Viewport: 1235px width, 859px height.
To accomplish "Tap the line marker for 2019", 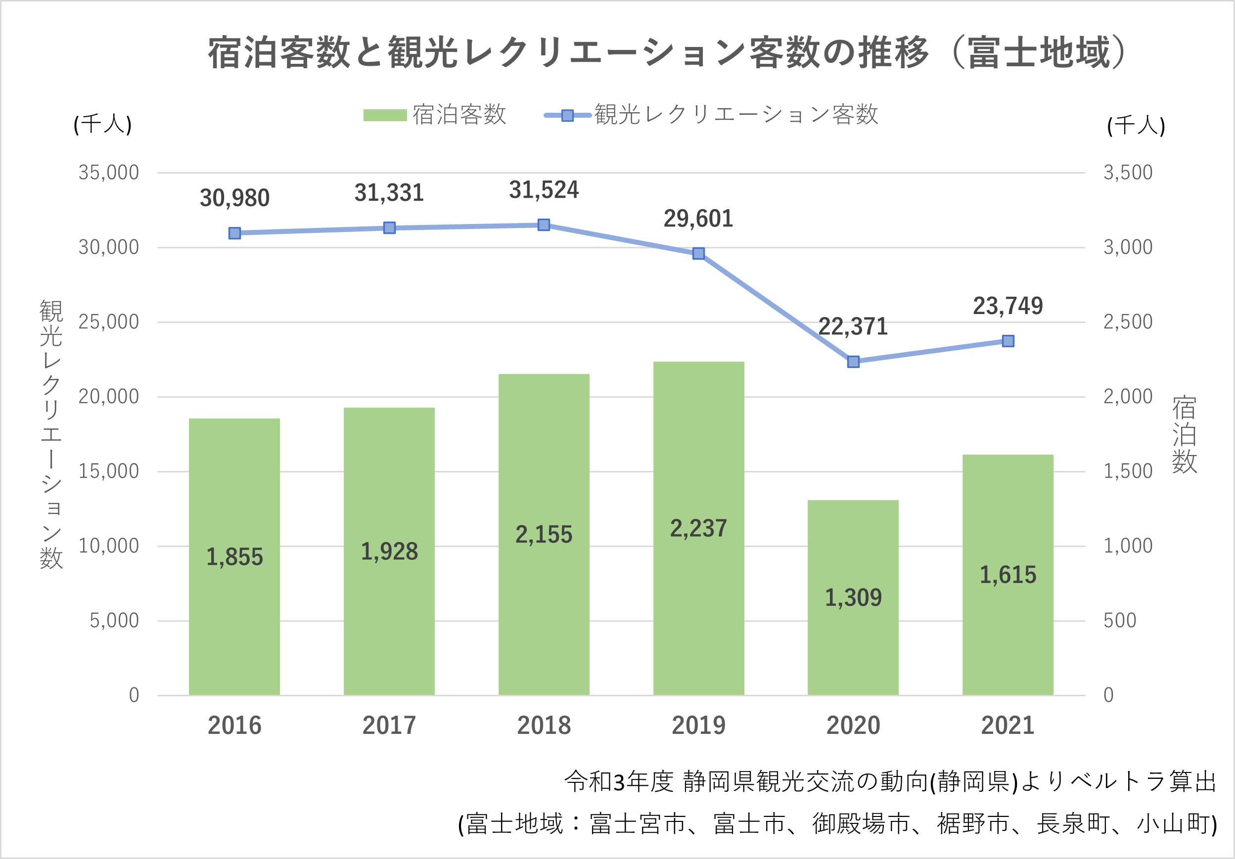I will (x=698, y=253).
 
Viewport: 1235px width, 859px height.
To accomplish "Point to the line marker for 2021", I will (x=1008, y=341).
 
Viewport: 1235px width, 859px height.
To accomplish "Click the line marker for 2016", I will (x=234, y=233).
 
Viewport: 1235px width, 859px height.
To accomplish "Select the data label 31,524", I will (x=544, y=190).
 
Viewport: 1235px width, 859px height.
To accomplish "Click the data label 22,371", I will (x=853, y=326).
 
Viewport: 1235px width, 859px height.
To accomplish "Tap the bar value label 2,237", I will (x=698, y=528).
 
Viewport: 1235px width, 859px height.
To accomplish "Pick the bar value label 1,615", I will (x=1007, y=575).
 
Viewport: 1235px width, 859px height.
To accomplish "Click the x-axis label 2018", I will (x=544, y=725).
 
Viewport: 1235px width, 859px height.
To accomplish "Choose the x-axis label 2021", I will (x=1007, y=725).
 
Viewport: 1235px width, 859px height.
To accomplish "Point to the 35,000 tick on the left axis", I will (x=109, y=173).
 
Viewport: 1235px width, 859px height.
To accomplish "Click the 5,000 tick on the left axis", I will (x=114, y=621).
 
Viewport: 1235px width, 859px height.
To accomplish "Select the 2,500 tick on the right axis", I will (x=1127, y=322).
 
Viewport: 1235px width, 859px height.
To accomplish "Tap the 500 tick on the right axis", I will (x=1119, y=621).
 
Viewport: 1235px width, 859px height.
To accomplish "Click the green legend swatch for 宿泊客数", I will (x=385, y=115).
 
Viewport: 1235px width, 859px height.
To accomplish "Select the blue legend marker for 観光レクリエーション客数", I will (x=567, y=115).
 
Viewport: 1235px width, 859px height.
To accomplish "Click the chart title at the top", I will (x=667, y=53).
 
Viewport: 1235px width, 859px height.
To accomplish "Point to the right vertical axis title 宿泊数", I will (x=1185, y=435).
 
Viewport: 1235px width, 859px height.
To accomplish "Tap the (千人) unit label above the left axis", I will (x=103, y=124).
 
